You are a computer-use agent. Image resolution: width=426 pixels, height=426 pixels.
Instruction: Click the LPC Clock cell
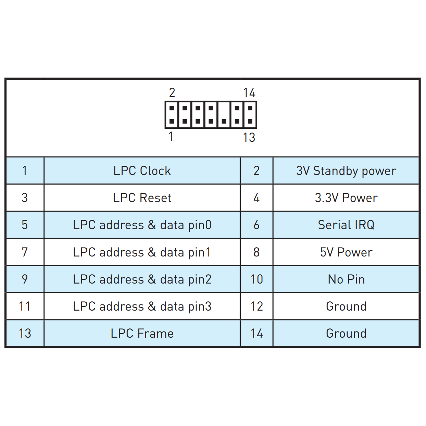pyautogui.click(x=142, y=171)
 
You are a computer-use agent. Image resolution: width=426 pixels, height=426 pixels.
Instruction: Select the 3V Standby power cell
pyautogui.click(x=346, y=171)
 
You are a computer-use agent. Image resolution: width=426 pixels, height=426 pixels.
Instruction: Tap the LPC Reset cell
pyautogui.click(x=142, y=198)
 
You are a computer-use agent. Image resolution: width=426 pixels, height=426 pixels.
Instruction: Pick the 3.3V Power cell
pyautogui.click(x=346, y=198)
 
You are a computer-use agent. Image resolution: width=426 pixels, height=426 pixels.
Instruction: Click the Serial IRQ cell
pyautogui.click(x=346, y=225)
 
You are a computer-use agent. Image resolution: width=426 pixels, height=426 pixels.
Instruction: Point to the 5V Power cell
pyautogui.click(x=346, y=252)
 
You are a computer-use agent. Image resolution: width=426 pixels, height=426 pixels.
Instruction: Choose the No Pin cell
pyautogui.click(x=346, y=279)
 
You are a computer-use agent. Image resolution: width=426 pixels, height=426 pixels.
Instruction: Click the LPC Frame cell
pyautogui.click(x=142, y=333)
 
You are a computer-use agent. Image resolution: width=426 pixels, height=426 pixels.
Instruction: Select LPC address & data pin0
pyautogui.click(x=142, y=225)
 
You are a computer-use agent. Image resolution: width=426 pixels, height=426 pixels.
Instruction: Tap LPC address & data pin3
pyautogui.click(x=142, y=306)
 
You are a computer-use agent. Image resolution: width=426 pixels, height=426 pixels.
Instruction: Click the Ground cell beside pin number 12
pyautogui.click(x=346, y=306)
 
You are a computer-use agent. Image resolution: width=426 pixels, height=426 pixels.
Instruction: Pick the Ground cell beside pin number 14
pyautogui.click(x=346, y=333)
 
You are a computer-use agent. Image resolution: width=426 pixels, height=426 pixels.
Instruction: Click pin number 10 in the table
pyautogui.click(x=256, y=279)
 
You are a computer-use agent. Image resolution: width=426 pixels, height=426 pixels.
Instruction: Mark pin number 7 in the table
pyautogui.click(x=25, y=252)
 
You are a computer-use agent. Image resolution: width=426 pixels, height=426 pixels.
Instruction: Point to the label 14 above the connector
pyautogui.click(x=249, y=92)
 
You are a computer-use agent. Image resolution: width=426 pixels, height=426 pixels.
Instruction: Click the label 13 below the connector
pyautogui.click(x=249, y=137)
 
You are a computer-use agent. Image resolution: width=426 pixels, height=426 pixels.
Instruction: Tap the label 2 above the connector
pyautogui.click(x=172, y=92)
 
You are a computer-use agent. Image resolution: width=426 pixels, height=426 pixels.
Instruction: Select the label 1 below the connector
pyautogui.click(x=171, y=136)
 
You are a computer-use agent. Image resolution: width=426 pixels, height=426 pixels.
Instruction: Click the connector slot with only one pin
pyautogui.click(x=224, y=115)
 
